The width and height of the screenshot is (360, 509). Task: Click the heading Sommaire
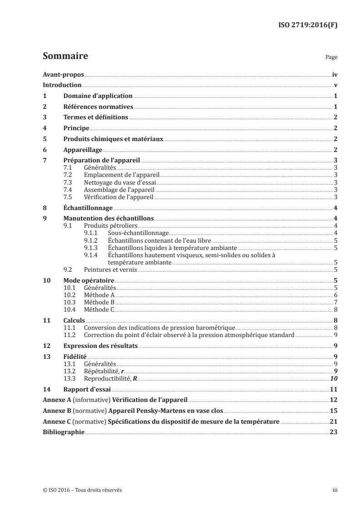click(x=65, y=57)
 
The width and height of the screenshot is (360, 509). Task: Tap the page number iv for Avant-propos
click(x=335, y=74)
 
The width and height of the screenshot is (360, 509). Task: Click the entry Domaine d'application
click(x=98, y=96)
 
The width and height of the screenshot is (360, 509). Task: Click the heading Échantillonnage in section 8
click(x=88, y=208)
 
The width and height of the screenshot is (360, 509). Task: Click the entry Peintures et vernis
click(x=104, y=269)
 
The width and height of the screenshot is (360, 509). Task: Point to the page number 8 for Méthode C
click(x=335, y=309)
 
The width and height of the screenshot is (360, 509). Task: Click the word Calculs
click(x=74, y=320)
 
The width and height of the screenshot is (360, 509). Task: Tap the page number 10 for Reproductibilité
click(x=334, y=378)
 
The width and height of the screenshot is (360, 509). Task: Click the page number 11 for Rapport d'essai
click(x=334, y=389)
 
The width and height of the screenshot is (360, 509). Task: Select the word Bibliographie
click(x=63, y=432)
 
